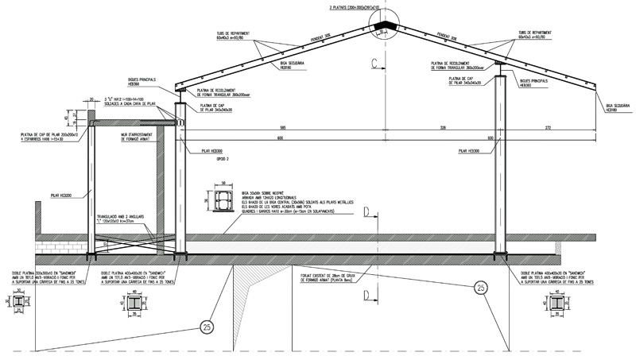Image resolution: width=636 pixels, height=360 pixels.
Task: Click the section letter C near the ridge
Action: [x=371, y=62]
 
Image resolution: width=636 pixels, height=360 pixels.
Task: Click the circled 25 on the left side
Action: [x=207, y=327]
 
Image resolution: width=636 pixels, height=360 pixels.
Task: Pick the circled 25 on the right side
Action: [x=480, y=288]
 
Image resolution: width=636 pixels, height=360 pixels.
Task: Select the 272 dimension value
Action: [x=548, y=129]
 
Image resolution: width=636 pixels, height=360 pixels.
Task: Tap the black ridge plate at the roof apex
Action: [x=389, y=29]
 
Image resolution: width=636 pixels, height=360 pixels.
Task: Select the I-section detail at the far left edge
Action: [x=17, y=304]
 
